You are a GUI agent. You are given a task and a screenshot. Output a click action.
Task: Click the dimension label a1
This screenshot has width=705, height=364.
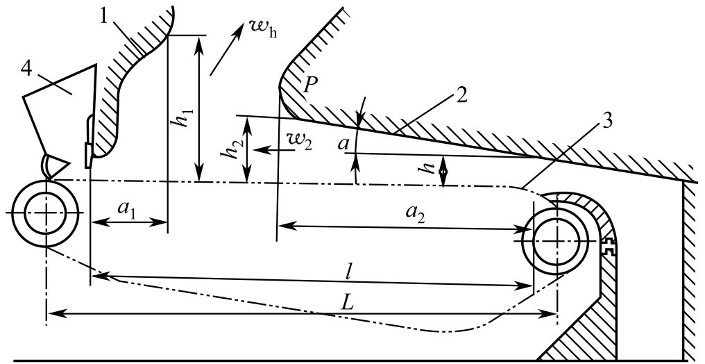[125, 209]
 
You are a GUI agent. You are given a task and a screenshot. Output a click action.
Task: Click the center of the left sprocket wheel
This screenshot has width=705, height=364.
[46, 213]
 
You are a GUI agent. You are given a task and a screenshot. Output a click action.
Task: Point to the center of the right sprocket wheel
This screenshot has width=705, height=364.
[557, 240]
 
